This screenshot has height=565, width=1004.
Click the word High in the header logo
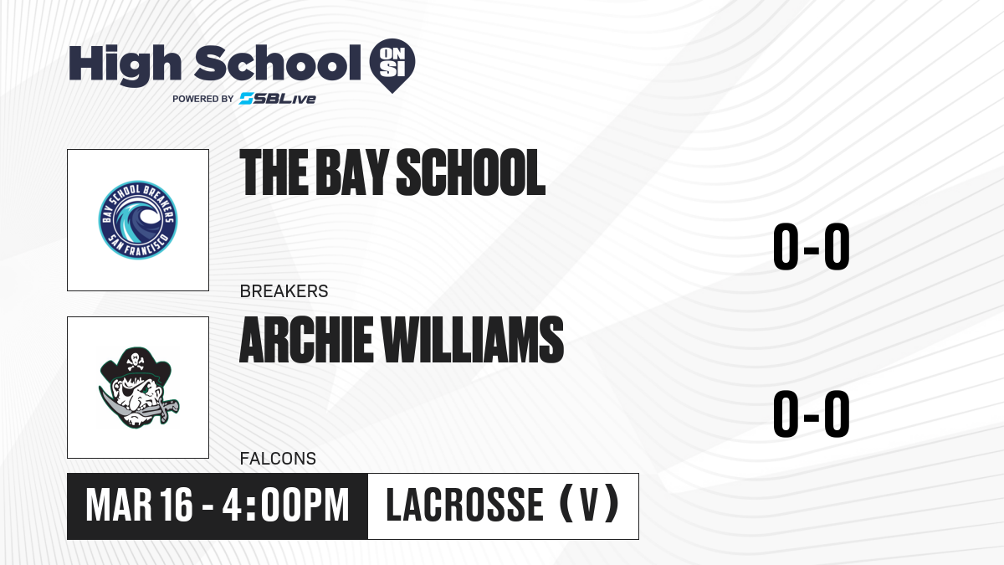(x=125, y=64)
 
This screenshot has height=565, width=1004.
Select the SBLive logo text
(x=278, y=99)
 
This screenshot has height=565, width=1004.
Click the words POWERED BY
(x=203, y=99)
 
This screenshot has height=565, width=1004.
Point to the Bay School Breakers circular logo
(x=138, y=219)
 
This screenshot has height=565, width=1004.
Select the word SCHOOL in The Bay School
(x=470, y=172)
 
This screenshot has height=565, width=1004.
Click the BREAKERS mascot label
(x=284, y=291)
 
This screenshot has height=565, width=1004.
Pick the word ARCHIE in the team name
(x=306, y=340)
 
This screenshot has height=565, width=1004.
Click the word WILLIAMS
(x=473, y=340)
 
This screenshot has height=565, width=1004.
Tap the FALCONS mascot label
(x=278, y=459)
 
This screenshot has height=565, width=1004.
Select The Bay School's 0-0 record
(x=811, y=247)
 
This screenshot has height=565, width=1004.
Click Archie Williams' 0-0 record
(x=811, y=413)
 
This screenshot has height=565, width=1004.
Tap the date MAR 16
(x=139, y=505)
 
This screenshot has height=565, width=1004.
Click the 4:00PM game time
(x=285, y=505)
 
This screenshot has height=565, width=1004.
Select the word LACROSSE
(x=465, y=505)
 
